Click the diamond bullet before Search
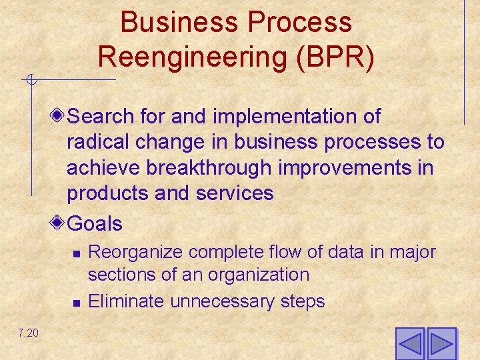[x=59, y=116]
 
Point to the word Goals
[x=95, y=224]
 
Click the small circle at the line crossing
[x=31, y=81]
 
